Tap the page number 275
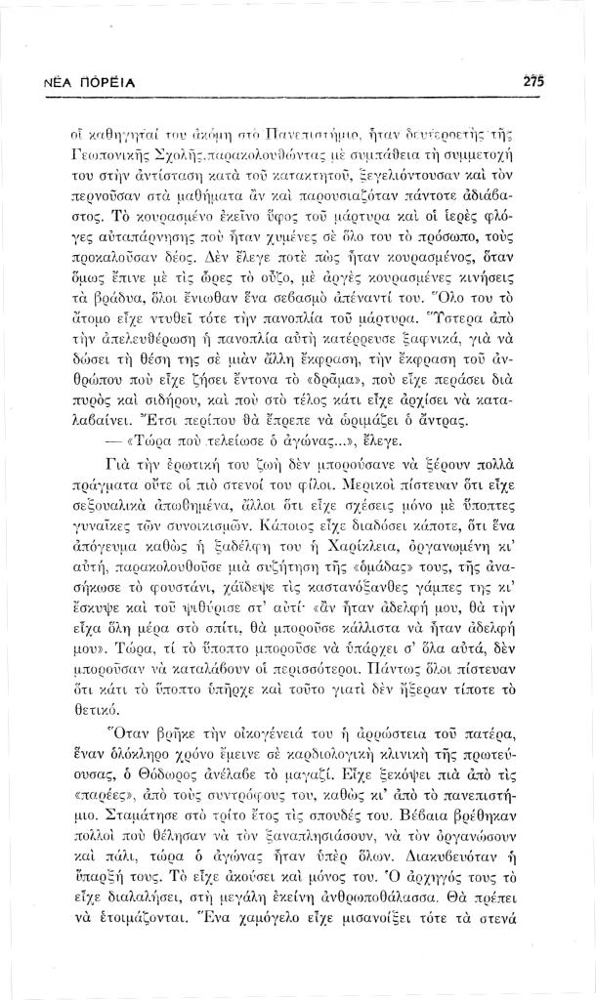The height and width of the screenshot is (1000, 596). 532,81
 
